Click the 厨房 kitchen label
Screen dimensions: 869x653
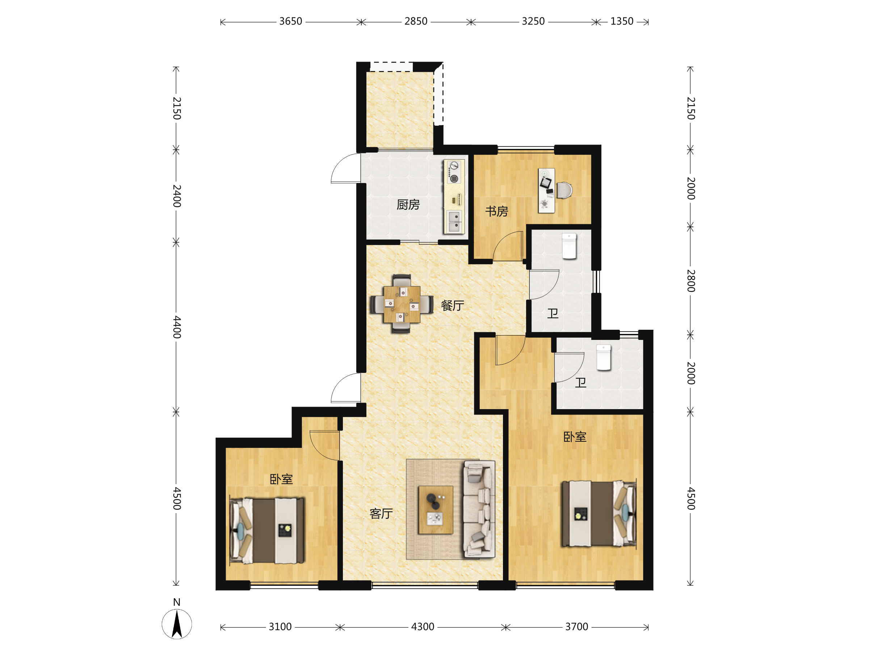click(x=408, y=205)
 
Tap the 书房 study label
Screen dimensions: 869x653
click(x=496, y=212)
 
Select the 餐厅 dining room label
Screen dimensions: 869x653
click(x=453, y=305)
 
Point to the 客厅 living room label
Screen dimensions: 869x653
click(x=381, y=513)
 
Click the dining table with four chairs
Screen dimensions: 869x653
click(x=402, y=304)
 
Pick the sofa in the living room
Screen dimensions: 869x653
click(x=479, y=509)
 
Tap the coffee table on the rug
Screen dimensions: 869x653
click(x=436, y=509)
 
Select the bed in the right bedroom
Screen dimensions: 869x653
click(x=599, y=513)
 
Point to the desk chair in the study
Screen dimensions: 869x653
click(x=564, y=190)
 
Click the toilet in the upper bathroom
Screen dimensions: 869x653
click(x=569, y=246)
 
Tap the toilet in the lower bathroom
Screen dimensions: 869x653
click(x=604, y=357)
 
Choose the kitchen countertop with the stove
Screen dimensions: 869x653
click(x=454, y=196)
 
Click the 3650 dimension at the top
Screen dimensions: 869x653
click(x=291, y=21)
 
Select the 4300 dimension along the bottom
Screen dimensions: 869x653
click(x=423, y=627)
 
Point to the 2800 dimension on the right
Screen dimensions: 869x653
click(x=691, y=281)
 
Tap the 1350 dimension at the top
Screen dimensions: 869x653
click(x=622, y=21)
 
